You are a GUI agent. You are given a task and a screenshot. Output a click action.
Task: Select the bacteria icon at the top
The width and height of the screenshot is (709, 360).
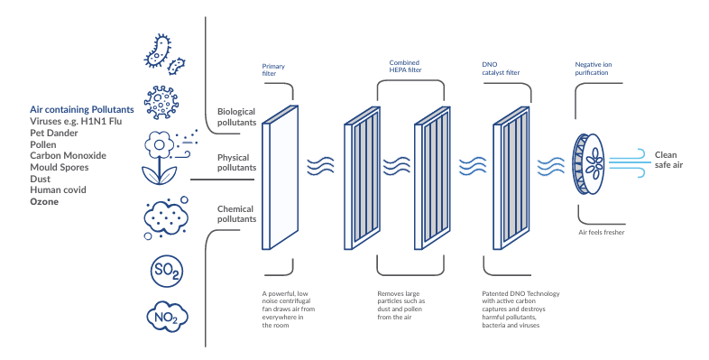point(164,51)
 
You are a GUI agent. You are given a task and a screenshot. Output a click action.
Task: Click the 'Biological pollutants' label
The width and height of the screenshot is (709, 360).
point(236,116)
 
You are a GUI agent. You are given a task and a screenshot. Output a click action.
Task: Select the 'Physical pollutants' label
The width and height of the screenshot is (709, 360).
point(236,162)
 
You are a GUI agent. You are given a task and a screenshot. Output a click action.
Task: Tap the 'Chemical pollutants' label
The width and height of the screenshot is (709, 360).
point(236,214)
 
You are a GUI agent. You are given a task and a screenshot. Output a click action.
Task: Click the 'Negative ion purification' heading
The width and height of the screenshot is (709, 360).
point(599,69)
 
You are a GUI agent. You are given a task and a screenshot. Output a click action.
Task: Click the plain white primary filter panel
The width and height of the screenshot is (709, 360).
point(279,175)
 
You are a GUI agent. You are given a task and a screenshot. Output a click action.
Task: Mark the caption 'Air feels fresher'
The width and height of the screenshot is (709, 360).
point(602,233)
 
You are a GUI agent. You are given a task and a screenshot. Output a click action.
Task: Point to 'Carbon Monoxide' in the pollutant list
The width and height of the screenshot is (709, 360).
point(68,155)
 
